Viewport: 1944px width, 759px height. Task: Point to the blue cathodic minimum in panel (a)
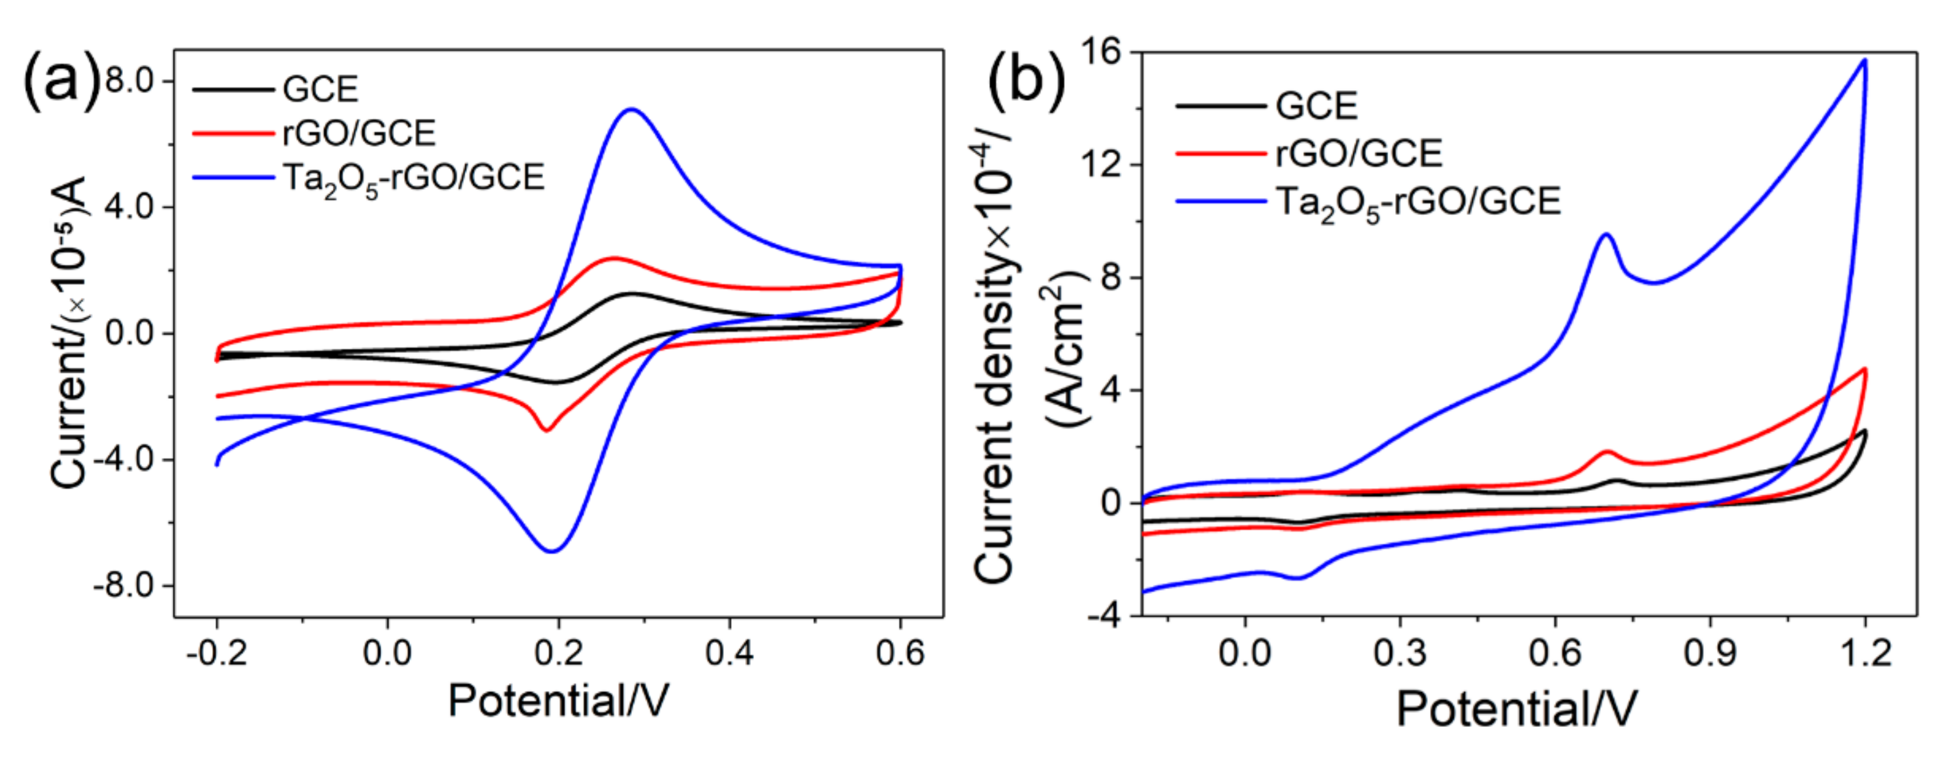[x=552, y=551]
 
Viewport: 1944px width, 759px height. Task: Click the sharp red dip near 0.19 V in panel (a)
[x=545, y=429]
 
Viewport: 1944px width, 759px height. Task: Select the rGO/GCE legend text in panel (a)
[x=359, y=134]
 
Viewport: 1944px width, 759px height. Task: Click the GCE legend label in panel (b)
[x=1316, y=106]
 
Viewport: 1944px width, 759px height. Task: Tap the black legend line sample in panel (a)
[x=233, y=90]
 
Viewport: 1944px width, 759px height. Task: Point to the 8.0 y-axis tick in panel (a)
[x=130, y=80]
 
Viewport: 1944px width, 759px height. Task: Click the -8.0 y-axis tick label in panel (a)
[x=125, y=585]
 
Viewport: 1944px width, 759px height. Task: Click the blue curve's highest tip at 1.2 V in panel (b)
[x=1865, y=61]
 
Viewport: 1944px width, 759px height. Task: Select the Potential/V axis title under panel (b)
[x=1517, y=709]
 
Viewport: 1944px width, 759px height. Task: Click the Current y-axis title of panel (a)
[x=69, y=332]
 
